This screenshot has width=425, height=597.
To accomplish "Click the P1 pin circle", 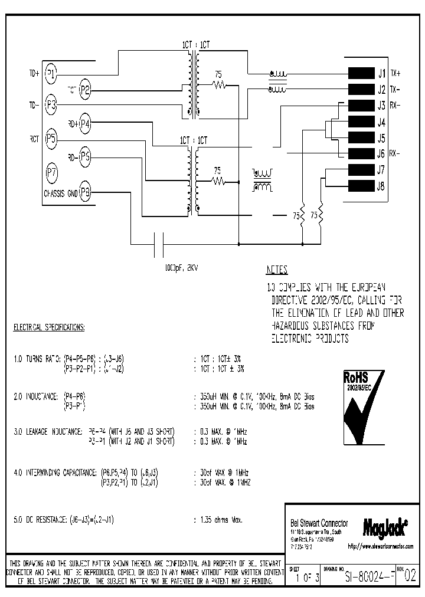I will [x=51, y=74].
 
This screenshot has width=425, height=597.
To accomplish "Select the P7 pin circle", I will [x=51, y=173].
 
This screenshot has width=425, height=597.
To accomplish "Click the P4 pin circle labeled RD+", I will [x=86, y=123].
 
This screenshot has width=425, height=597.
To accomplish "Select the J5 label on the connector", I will [x=381, y=139].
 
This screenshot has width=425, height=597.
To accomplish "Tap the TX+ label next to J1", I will [x=395, y=74].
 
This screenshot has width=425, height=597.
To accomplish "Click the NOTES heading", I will [x=276, y=270].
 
